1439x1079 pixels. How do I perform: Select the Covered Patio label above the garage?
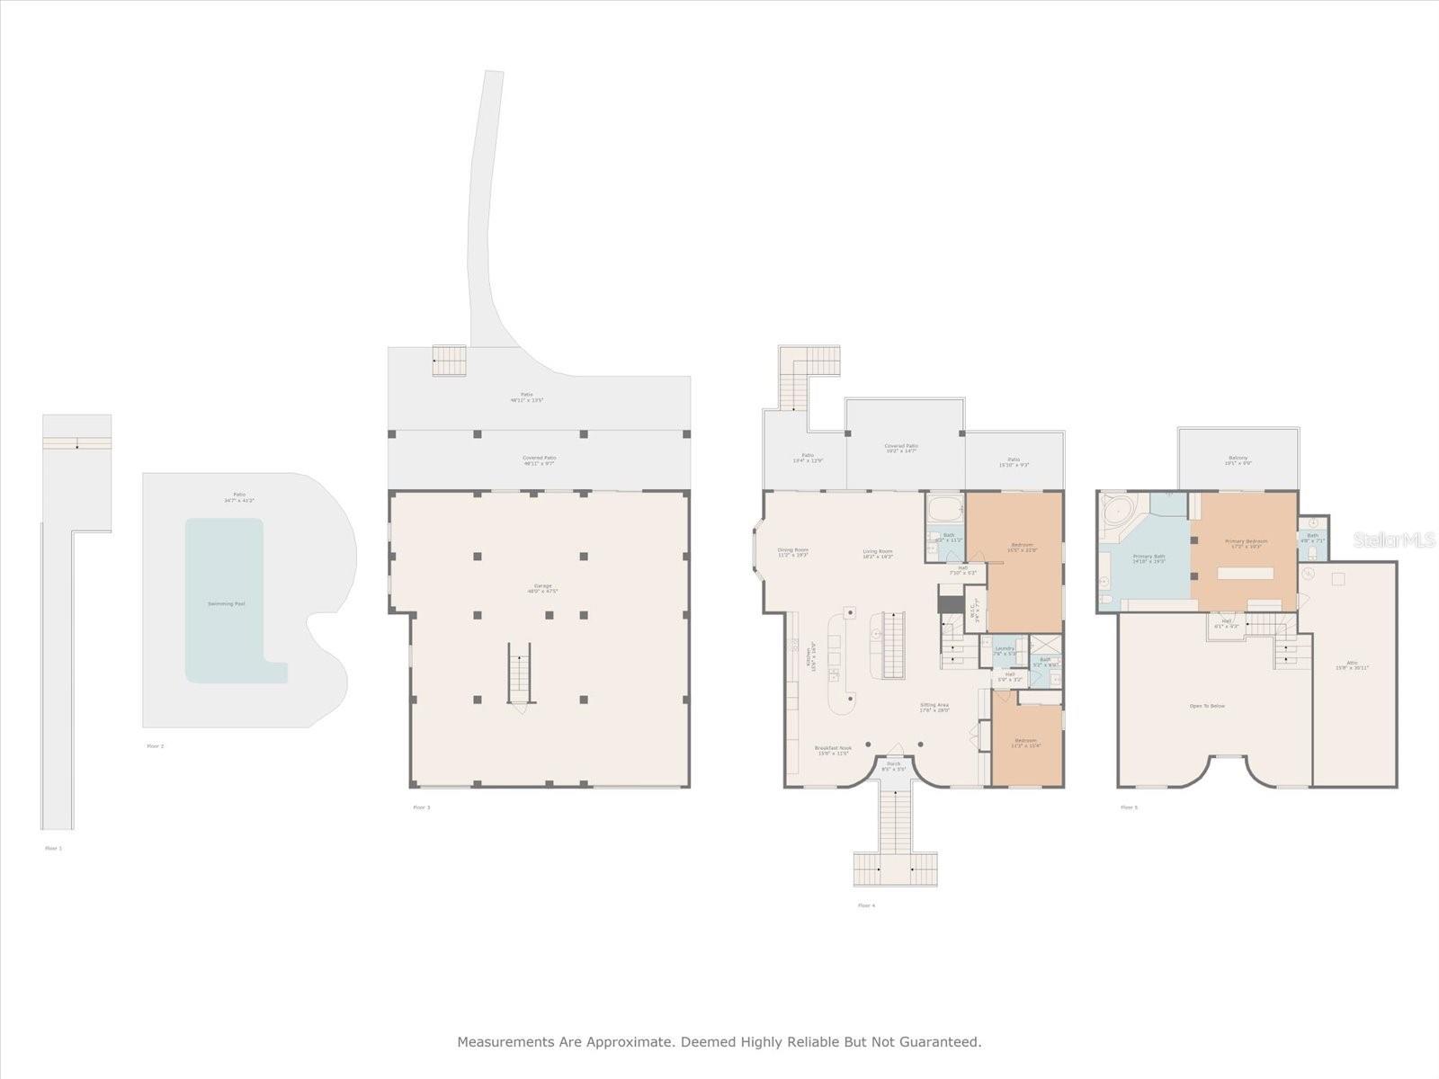pyautogui.click(x=539, y=458)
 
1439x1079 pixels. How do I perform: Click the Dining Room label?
pyautogui.click(x=792, y=550)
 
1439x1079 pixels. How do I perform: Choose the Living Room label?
pyautogui.click(x=877, y=551)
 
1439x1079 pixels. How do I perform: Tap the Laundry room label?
pyautogui.click(x=1005, y=647)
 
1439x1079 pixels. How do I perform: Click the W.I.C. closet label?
pyautogui.click(x=974, y=611)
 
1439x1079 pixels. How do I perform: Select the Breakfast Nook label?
pyautogui.click(x=833, y=748)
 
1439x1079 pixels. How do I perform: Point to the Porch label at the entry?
pyautogui.click(x=893, y=764)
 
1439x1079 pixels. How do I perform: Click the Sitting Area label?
pyautogui.click(x=934, y=705)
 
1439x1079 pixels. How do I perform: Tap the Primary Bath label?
pyautogui.click(x=1149, y=557)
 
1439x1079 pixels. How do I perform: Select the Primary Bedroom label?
pyautogui.click(x=1246, y=541)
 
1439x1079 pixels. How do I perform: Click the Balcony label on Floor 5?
pyautogui.click(x=1238, y=459)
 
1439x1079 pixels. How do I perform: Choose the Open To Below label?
pyautogui.click(x=1207, y=706)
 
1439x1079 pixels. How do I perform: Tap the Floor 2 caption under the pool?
pyautogui.click(x=156, y=745)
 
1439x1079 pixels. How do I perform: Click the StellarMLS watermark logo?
pyautogui.click(x=1394, y=539)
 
